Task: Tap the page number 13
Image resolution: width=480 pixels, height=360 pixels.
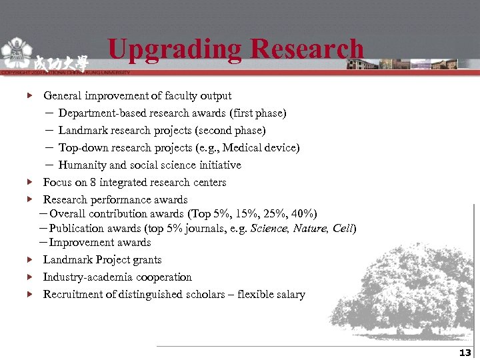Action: (x=465, y=353)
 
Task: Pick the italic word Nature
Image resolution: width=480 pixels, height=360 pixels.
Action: (x=309, y=228)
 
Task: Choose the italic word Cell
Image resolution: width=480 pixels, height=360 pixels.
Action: (x=343, y=228)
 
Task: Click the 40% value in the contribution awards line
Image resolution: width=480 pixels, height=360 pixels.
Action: (x=301, y=213)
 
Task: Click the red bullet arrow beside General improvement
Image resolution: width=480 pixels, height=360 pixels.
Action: (x=29, y=96)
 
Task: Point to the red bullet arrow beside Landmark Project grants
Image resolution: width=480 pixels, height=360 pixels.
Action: (x=29, y=260)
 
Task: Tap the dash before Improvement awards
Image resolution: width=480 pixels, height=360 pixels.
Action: (x=43, y=243)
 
